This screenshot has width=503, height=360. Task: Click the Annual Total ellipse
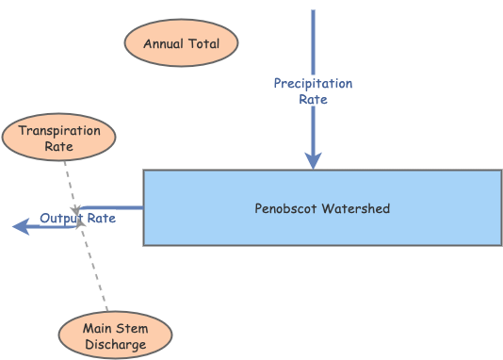click(181, 44)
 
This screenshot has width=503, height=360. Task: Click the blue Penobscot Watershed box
click(322, 207)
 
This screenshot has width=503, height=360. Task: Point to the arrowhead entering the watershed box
click(313, 161)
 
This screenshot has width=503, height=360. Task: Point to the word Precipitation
click(313, 84)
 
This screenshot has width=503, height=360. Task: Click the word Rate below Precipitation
click(313, 99)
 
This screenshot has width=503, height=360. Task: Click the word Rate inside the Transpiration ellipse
click(59, 147)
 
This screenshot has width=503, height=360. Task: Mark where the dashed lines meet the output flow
click(80, 220)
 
